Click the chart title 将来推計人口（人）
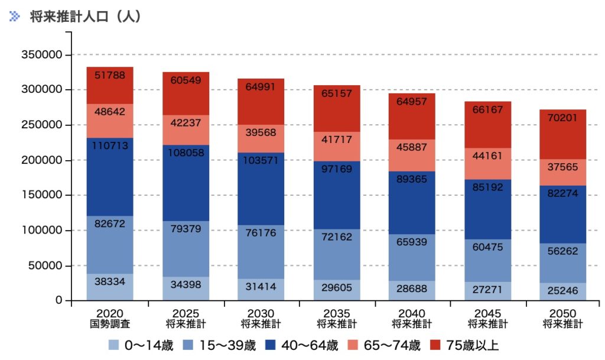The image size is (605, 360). pyautogui.click(x=86, y=17)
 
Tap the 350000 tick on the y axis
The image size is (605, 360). pyautogui.click(x=41, y=55)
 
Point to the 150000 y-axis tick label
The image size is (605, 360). pyautogui.click(x=41, y=195)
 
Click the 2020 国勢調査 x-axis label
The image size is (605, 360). pyautogui.click(x=109, y=318)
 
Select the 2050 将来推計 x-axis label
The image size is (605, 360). pyautogui.click(x=562, y=318)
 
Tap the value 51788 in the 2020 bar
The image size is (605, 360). pyautogui.click(x=109, y=75)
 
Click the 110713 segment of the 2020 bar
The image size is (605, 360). pyautogui.click(x=109, y=176)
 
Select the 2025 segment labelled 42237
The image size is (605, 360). pyautogui.click(x=186, y=124)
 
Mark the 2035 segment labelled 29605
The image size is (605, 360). pyautogui.click(x=337, y=286)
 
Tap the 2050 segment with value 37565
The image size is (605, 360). pyautogui.click(x=562, y=168)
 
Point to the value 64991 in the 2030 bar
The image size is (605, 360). pyautogui.click(x=261, y=86)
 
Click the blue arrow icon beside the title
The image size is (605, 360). pyautogui.click(x=15, y=17)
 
